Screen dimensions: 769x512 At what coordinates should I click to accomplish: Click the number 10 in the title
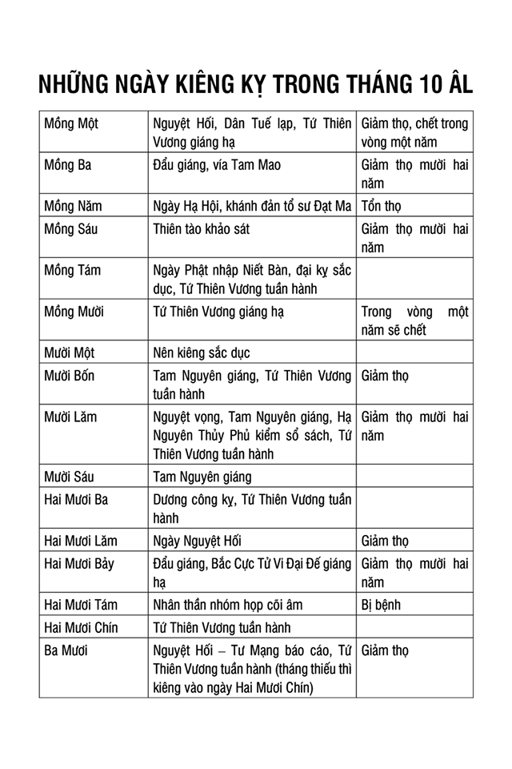pos(429,85)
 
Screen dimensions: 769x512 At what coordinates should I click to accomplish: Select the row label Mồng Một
pos(71,124)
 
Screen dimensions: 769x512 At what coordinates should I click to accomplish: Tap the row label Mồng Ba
pos(68,165)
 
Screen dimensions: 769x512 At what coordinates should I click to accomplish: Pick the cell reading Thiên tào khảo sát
pos(201,229)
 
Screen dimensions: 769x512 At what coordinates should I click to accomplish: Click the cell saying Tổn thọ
pos(382,206)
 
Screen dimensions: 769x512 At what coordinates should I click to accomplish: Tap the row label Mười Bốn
pos(69,375)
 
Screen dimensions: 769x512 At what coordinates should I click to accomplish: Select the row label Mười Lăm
pos(70,416)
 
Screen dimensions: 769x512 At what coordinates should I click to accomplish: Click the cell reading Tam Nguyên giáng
pos(202,477)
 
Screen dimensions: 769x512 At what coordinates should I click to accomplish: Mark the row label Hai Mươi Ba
pos(77,500)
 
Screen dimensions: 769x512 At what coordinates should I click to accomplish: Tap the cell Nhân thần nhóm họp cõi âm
pos(228,605)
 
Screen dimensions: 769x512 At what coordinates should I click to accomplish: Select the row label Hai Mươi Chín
pos(81,627)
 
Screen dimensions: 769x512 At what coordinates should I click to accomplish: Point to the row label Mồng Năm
pos(73,206)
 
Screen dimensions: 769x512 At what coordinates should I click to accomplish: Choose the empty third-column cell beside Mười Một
pos(414,352)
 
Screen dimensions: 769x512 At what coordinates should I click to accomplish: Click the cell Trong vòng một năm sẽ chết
pos(414,320)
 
